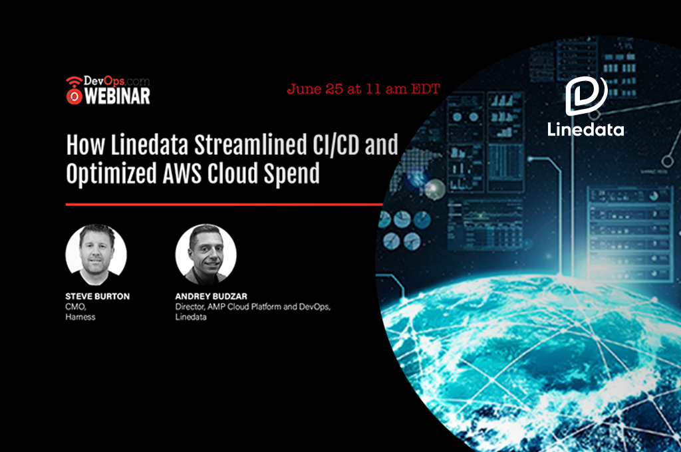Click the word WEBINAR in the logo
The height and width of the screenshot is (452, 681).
tap(117, 96)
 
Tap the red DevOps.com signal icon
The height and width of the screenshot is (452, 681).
tap(74, 90)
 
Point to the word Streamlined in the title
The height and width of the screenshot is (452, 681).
tap(250, 145)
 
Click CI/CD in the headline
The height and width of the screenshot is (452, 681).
tap(336, 145)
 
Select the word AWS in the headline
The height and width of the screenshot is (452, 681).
tap(182, 173)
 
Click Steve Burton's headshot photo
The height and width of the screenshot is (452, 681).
tap(96, 255)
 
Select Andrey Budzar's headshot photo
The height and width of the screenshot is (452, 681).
tap(206, 255)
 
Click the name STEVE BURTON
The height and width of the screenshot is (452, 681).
tap(97, 296)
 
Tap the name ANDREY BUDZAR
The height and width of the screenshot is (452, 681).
tap(211, 296)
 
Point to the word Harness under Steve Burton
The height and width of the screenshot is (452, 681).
tap(80, 317)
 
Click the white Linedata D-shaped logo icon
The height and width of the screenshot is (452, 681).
tap(587, 96)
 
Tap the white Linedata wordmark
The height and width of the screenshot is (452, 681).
tap(585, 130)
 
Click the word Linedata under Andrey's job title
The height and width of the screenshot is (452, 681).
tap(191, 317)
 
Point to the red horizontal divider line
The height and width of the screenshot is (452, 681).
tap(224, 204)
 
